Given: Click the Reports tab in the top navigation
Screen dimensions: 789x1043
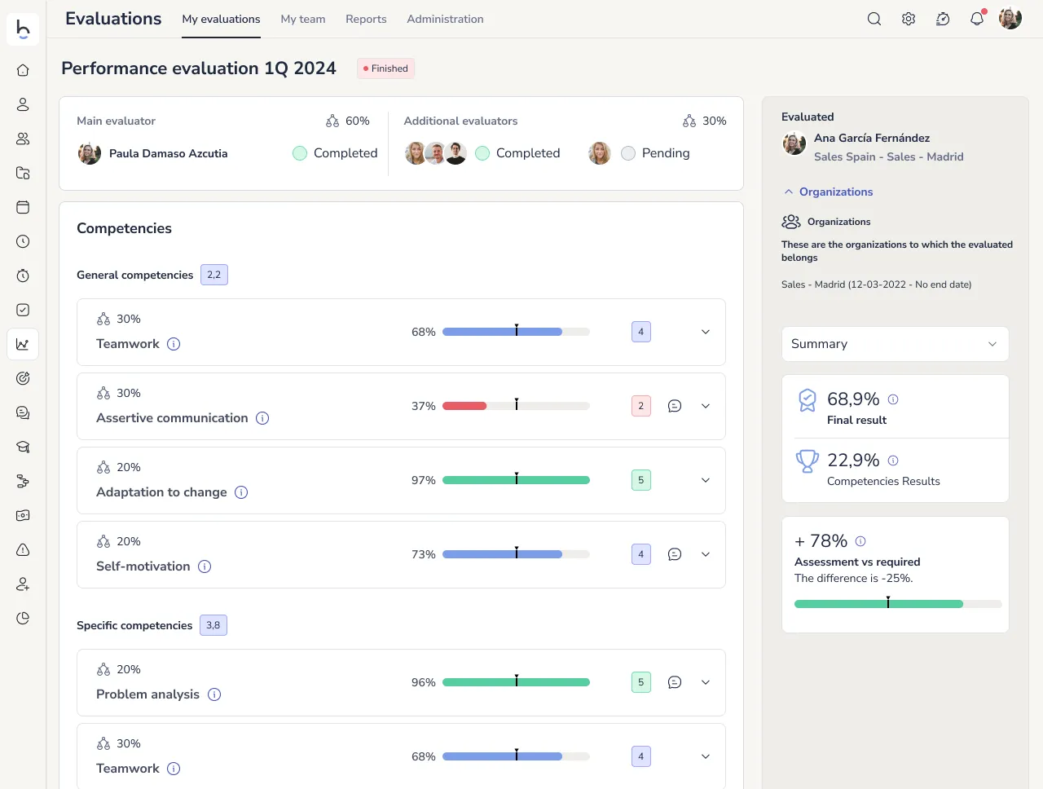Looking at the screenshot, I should point(366,19).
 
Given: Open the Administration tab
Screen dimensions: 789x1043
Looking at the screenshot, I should point(445,19).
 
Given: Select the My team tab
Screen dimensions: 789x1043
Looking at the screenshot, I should point(303,19).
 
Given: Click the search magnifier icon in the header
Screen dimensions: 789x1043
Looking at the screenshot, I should point(874,19).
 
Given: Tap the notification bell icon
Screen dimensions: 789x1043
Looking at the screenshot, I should point(976,19).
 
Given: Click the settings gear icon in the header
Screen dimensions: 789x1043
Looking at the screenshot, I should point(909,19).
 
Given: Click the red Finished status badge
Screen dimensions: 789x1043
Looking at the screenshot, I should point(386,68).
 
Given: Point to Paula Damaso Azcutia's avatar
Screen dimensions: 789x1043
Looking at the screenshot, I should point(90,153).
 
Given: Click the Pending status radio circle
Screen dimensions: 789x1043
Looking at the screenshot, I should point(628,153).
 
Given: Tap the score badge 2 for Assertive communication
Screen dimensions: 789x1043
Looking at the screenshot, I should point(641,406).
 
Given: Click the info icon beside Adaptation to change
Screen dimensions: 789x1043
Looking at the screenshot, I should point(241,492).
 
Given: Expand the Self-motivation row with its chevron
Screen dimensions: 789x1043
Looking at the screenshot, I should point(706,554).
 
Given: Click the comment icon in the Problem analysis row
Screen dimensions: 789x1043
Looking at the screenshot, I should point(675,682).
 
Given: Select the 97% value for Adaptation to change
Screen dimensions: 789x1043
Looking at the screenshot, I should point(424,480).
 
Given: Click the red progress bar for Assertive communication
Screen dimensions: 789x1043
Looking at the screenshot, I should point(464,406).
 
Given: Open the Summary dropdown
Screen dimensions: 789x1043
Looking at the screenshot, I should point(895,344).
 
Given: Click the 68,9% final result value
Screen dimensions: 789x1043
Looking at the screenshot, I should point(853,399).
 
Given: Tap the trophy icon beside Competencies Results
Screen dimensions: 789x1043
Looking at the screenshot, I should point(807,461).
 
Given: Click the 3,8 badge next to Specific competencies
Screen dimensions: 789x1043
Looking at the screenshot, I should point(213,625).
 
